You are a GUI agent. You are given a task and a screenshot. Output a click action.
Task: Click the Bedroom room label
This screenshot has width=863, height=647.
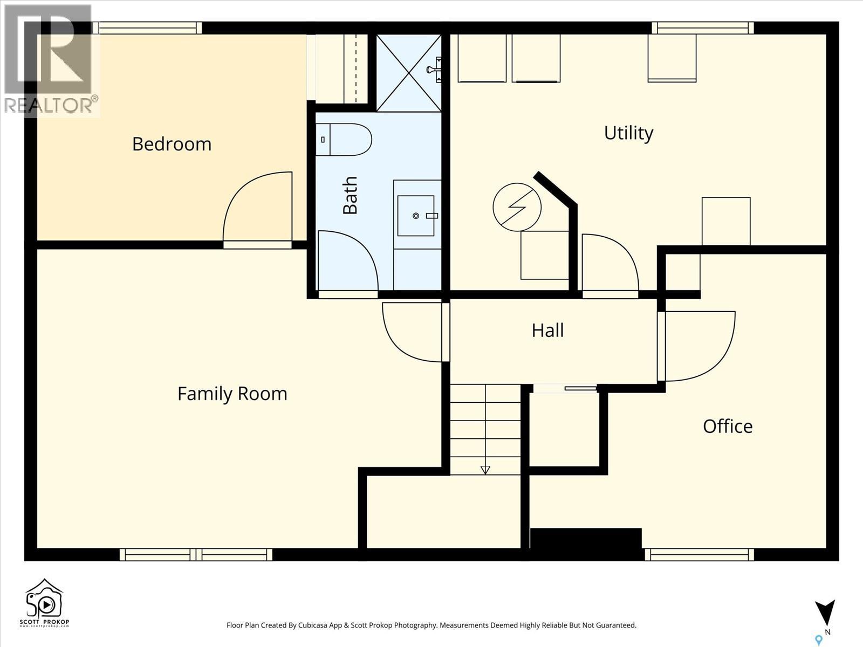(x=172, y=144)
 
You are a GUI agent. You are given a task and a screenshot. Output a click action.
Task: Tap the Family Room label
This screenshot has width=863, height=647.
(x=232, y=394)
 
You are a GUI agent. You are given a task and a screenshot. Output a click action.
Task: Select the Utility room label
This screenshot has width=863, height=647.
(x=629, y=134)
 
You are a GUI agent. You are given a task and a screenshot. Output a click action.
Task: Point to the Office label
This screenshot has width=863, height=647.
(x=728, y=426)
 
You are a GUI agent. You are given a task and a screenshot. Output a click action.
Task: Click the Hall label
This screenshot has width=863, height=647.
(x=547, y=331)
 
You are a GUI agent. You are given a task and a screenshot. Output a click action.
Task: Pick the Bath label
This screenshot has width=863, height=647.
(x=350, y=195)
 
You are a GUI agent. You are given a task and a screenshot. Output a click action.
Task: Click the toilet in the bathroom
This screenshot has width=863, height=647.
(x=344, y=140)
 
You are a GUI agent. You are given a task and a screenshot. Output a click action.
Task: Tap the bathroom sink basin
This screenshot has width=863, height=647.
(x=415, y=216)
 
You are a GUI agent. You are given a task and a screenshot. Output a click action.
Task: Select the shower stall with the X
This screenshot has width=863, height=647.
(x=409, y=73)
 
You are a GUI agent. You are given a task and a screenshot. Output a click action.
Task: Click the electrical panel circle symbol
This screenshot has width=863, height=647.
(x=517, y=207)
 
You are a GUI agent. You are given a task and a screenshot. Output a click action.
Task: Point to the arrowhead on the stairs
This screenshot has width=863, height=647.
(x=485, y=470)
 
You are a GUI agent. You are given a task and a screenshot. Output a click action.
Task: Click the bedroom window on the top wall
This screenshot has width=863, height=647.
(x=147, y=28)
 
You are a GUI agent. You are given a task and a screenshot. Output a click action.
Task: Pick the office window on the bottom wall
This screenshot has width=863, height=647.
(x=700, y=555)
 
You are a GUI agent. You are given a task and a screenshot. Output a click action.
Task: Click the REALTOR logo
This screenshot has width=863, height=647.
(x=51, y=60)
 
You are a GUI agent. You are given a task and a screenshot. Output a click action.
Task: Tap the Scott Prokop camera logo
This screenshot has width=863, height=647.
(x=44, y=603)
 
